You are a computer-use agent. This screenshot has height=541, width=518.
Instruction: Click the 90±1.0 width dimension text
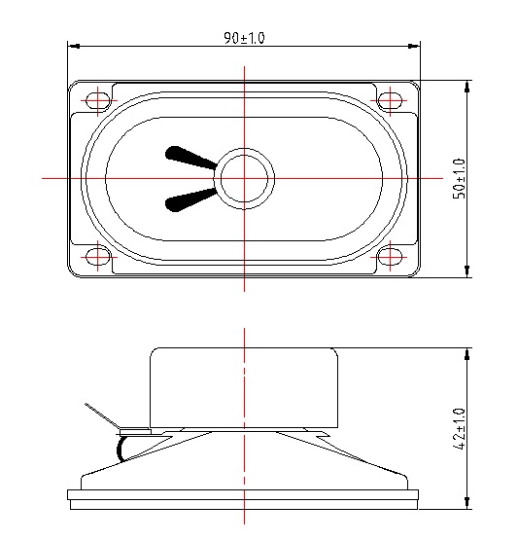click(x=244, y=38)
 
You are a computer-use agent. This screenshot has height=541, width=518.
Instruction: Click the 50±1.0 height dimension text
click(x=460, y=178)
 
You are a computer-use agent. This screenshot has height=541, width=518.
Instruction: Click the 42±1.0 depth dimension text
click(x=460, y=429)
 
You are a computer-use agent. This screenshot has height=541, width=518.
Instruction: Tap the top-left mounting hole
click(x=98, y=100)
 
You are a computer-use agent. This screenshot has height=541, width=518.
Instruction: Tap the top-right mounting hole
click(x=390, y=100)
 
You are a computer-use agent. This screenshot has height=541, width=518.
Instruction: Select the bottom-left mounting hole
click(x=98, y=257)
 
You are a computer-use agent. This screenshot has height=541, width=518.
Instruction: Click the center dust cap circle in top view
click(x=245, y=178)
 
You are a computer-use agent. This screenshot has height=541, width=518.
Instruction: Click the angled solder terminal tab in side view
click(x=101, y=415)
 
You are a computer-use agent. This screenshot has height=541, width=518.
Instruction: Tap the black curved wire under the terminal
click(x=121, y=448)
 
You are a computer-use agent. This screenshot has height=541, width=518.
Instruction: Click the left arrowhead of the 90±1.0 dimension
click(x=71, y=45)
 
